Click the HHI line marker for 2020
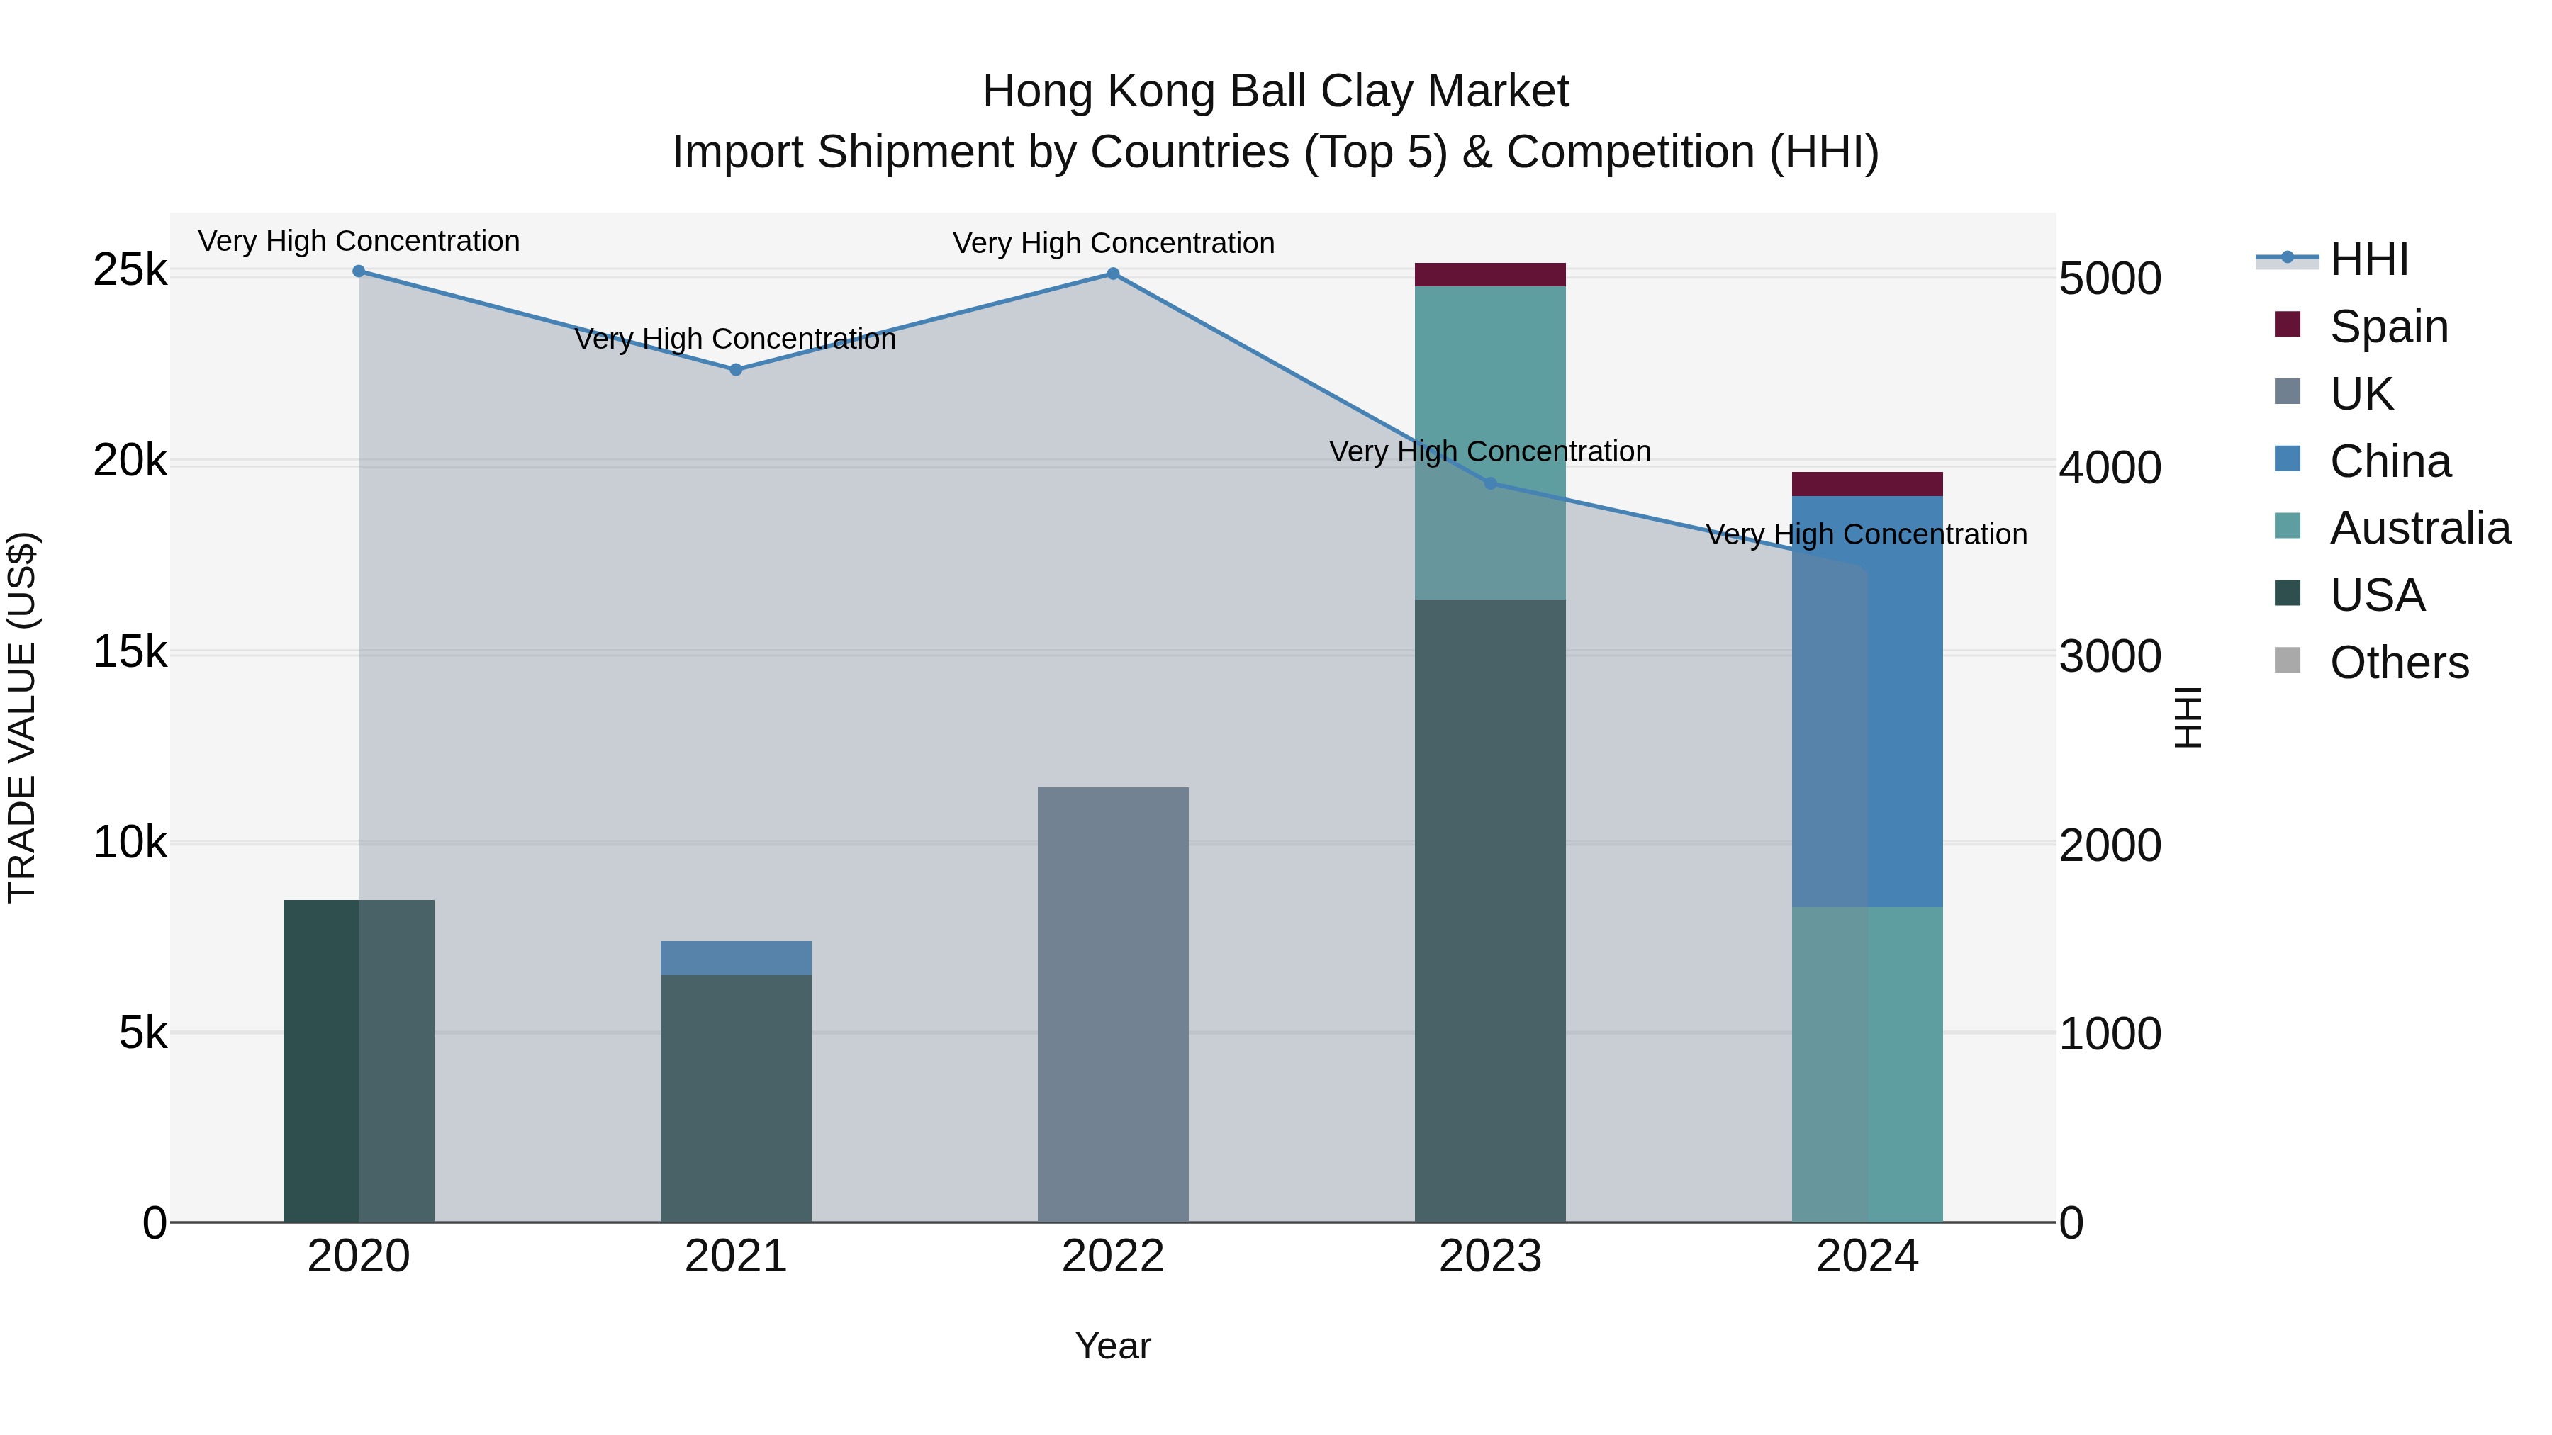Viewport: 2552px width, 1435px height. click(x=359, y=271)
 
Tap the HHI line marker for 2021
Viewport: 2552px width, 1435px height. click(x=736, y=369)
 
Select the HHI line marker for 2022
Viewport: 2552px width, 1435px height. click(x=1112, y=274)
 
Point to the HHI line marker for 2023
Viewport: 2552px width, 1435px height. click(x=1490, y=483)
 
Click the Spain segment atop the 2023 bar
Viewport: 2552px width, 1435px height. click(x=1490, y=274)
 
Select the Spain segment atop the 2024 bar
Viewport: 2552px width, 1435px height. click(x=1867, y=484)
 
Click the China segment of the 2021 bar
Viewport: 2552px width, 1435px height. click(x=736, y=957)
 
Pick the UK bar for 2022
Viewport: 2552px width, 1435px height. click(x=1112, y=1004)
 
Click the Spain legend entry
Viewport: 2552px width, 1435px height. click(x=2388, y=327)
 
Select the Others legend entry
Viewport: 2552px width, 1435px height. click(x=2398, y=663)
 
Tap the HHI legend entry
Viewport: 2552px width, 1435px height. click(x=2368, y=259)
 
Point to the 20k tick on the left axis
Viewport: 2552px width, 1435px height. click(x=130, y=461)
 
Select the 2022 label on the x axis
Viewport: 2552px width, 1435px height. click(x=1112, y=1256)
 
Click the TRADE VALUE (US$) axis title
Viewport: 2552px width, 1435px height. click(x=23, y=717)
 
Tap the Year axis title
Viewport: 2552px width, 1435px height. click(x=1112, y=1346)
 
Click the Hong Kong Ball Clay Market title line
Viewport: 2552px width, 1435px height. click(x=1275, y=91)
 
